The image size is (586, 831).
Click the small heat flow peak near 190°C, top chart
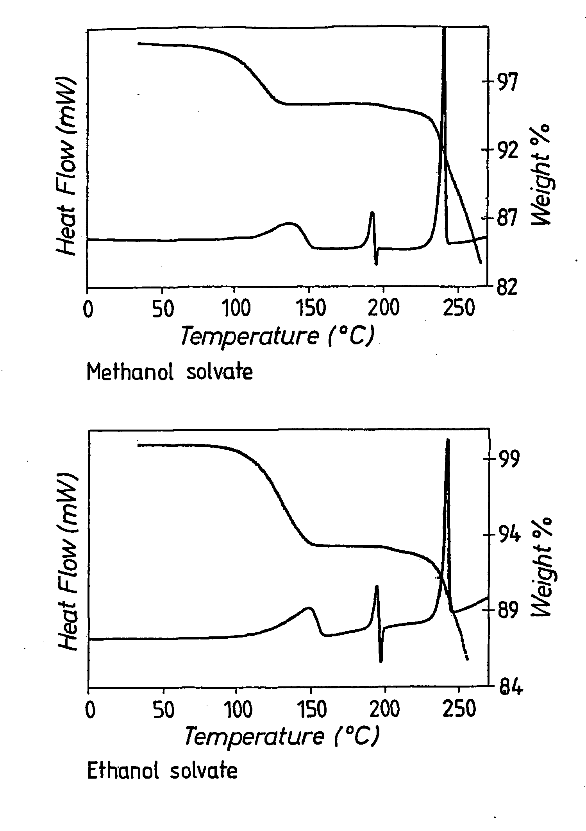point(372,213)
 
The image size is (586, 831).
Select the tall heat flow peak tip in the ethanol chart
point(448,440)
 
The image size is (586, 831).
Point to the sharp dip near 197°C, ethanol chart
point(381,661)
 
